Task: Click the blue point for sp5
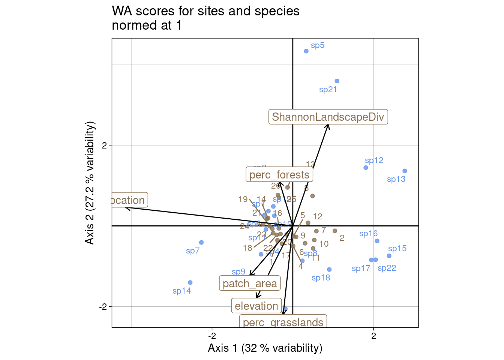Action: click(x=306, y=51)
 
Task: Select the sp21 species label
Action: click(x=328, y=90)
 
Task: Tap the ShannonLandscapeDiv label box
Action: click(x=328, y=117)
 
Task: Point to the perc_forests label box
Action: click(x=279, y=175)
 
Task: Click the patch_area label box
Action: click(x=250, y=283)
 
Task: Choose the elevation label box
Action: click(x=256, y=306)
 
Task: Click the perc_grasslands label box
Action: click(x=283, y=322)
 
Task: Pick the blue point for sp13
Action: click(x=405, y=171)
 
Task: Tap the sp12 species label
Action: click(x=374, y=160)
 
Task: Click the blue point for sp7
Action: click(x=201, y=243)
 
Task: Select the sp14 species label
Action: click(x=182, y=291)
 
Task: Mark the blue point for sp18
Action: click(x=329, y=270)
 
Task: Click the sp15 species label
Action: click(x=397, y=249)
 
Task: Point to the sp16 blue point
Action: click(x=377, y=241)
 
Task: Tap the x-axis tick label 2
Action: click(x=373, y=336)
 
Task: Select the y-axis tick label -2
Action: click(x=103, y=307)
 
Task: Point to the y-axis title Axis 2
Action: click(x=90, y=183)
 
